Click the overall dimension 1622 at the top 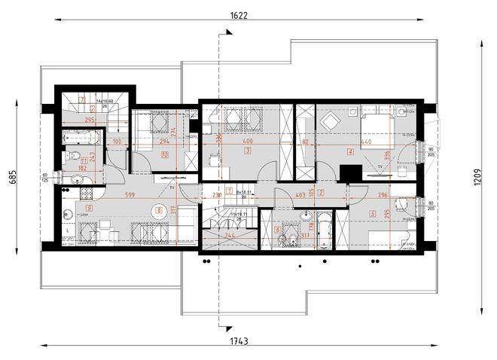pyautogui.click(x=239, y=14)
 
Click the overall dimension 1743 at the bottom pyautogui.click(x=240, y=340)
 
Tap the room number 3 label pyautogui.click(x=247, y=151)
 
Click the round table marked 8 pyautogui.click(x=159, y=212)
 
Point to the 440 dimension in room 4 pyautogui.click(x=346, y=141)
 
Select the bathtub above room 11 pyautogui.click(x=80, y=137)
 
